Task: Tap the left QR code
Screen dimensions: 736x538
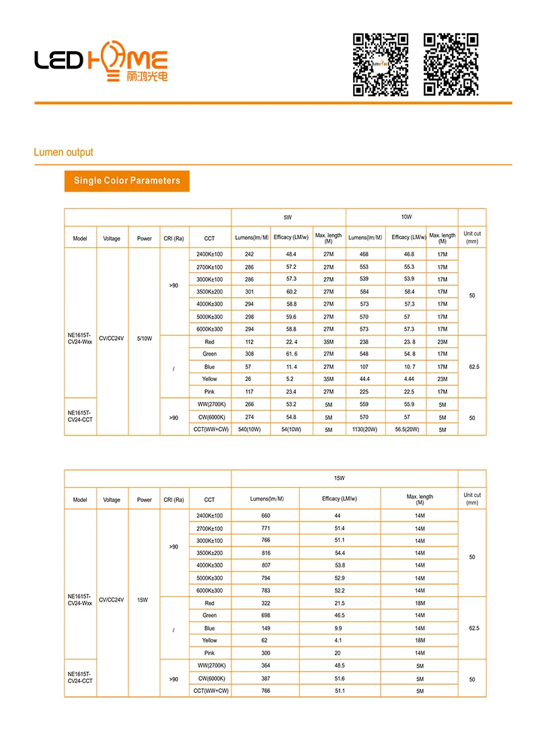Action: click(381, 65)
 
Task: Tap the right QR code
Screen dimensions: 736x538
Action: click(451, 65)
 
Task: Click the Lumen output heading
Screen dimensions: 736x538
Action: click(63, 153)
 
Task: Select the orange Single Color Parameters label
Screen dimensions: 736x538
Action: click(127, 181)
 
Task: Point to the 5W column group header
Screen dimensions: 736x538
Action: click(288, 218)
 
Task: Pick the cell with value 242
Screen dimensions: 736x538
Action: click(249, 254)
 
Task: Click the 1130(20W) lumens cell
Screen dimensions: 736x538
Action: click(364, 430)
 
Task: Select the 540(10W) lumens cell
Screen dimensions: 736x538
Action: click(250, 430)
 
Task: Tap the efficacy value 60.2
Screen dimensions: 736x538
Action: click(291, 292)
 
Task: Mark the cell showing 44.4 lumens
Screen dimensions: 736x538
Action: click(365, 379)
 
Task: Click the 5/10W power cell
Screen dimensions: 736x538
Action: click(145, 339)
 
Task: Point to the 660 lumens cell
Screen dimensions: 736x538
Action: click(266, 516)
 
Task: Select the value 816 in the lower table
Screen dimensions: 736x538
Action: click(266, 553)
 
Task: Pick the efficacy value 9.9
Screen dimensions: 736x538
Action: click(338, 628)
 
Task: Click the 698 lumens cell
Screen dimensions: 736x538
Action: click(266, 616)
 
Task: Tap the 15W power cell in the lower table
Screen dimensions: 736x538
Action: click(143, 600)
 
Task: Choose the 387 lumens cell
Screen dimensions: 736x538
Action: click(266, 678)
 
